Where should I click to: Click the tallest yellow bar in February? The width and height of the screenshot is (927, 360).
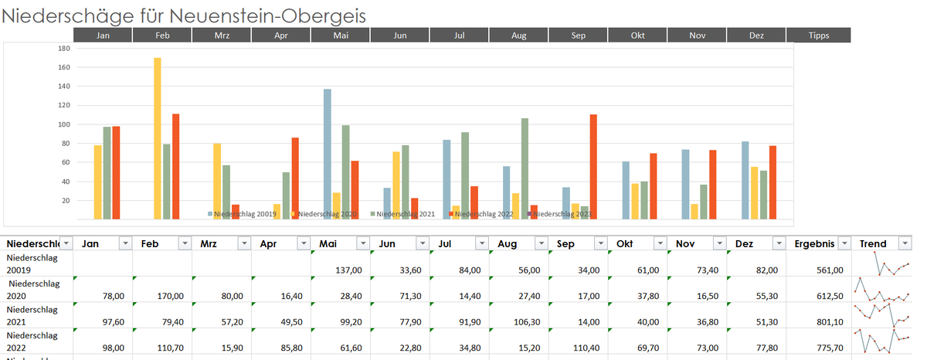(x=158, y=139)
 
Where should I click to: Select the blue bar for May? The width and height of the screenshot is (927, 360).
(x=328, y=155)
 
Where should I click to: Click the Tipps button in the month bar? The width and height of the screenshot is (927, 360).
(x=818, y=36)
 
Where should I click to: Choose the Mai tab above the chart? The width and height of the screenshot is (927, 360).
(x=340, y=36)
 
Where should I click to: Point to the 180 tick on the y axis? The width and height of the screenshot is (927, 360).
(x=64, y=49)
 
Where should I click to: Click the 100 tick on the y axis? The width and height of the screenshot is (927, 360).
(x=64, y=124)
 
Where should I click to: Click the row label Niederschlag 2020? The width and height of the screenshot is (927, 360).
(x=31, y=289)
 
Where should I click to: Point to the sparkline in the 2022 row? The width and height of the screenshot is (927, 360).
(x=881, y=341)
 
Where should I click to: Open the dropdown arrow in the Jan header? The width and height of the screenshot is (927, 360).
(x=124, y=243)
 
